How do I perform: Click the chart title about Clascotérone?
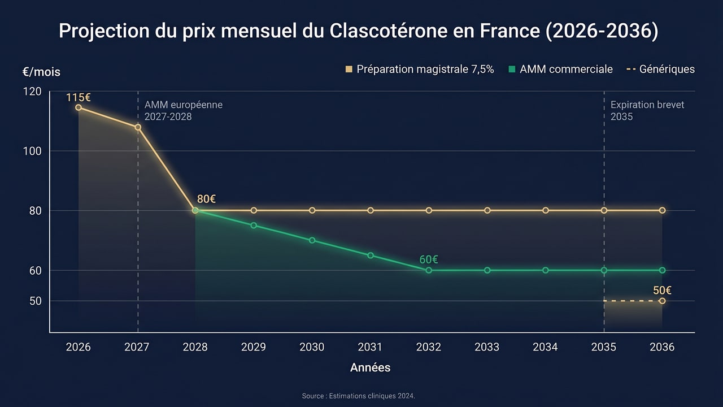point(358,31)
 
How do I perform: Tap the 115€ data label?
point(79,97)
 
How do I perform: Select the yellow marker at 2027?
point(138,127)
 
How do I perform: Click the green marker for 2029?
point(254,226)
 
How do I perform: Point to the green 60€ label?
point(429,260)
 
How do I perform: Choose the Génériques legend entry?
point(661,70)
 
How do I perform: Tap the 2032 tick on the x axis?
point(429,347)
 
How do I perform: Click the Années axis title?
point(370,367)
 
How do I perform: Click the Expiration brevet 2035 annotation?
point(639,111)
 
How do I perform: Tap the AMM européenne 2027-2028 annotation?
point(184,111)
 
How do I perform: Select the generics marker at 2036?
point(662,301)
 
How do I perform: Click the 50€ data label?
point(662,291)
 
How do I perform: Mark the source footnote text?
point(359,396)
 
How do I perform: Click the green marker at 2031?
point(371,256)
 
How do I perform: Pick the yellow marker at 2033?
point(487,210)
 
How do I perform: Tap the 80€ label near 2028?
point(207,199)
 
